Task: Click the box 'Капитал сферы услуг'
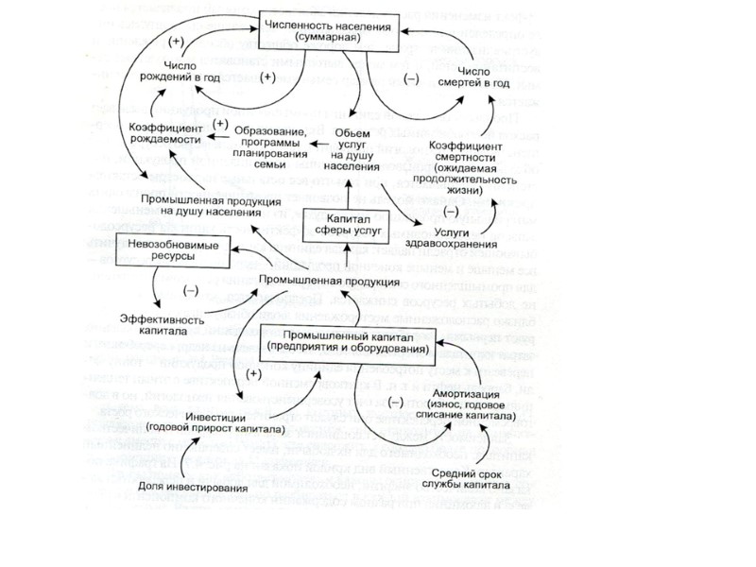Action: pyautogui.click(x=358, y=224)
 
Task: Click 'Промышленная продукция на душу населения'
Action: pyautogui.click(x=206, y=205)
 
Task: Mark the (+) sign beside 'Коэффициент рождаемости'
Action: pyautogui.click(x=221, y=124)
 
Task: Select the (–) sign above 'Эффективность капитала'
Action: pyautogui.click(x=191, y=290)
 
